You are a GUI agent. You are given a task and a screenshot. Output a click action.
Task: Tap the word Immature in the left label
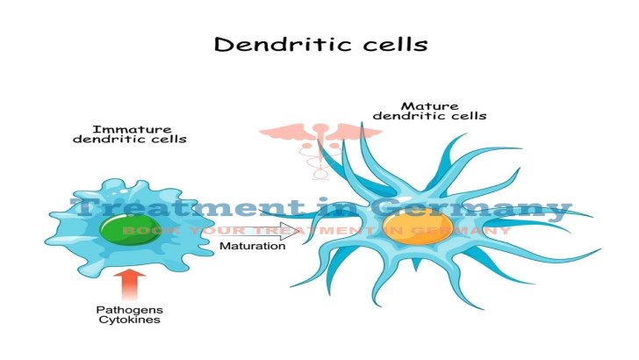(132, 130)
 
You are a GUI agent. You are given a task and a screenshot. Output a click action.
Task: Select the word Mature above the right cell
(429, 106)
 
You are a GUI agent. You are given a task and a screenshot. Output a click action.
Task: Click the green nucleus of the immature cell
(131, 229)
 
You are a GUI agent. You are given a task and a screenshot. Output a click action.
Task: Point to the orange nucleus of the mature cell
(418, 227)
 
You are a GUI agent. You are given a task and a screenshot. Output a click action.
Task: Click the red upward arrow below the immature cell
(130, 284)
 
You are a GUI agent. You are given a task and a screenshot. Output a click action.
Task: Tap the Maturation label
(252, 246)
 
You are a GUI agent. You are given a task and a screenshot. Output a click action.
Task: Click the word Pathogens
(130, 310)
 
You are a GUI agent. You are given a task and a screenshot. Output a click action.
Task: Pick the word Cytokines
(130, 320)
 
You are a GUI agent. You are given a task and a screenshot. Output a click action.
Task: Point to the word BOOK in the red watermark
(150, 230)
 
